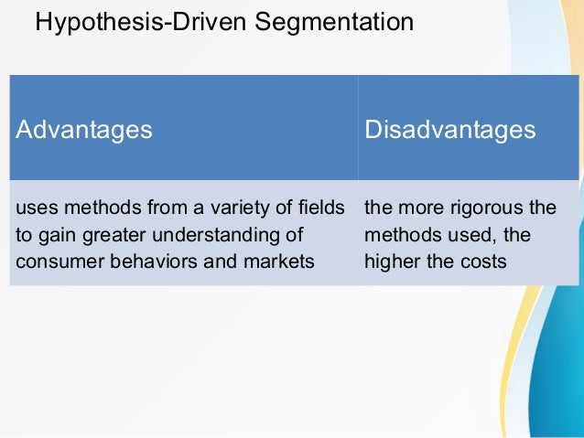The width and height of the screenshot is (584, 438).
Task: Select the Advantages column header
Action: pyautogui.click(x=84, y=130)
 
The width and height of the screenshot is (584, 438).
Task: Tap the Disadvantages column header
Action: pyautogui.click(x=450, y=130)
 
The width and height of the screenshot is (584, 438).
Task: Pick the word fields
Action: pyautogui.click(x=325, y=208)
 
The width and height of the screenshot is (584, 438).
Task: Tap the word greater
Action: pyautogui.click(x=111, y=234)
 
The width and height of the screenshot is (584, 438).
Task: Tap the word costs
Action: pyautogui.click(x=485, y=261)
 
